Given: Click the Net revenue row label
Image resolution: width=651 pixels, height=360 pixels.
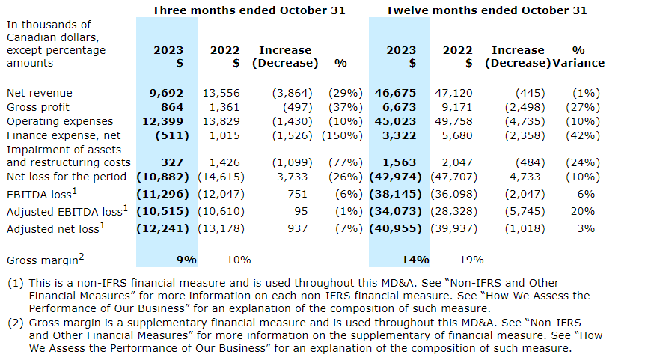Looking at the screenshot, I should (x=39, y=93).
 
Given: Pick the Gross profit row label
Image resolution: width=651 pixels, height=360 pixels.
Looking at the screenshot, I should (x=38, y=107).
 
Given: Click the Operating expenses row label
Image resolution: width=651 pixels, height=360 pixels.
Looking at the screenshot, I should (x=60, y=121).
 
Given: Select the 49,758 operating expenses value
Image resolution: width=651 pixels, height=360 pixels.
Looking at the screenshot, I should (x=453, y=121).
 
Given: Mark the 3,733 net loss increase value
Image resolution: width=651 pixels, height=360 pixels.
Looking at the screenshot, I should (x=293, y=177).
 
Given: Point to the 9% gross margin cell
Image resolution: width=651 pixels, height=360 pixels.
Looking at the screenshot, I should (x=186, y=260).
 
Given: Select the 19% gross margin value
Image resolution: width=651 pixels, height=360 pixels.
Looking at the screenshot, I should (x=473, y=260).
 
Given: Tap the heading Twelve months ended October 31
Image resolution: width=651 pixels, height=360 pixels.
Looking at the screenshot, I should (x=486, y=10).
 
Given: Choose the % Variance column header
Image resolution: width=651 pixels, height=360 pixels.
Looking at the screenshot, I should (x=578, y=57).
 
